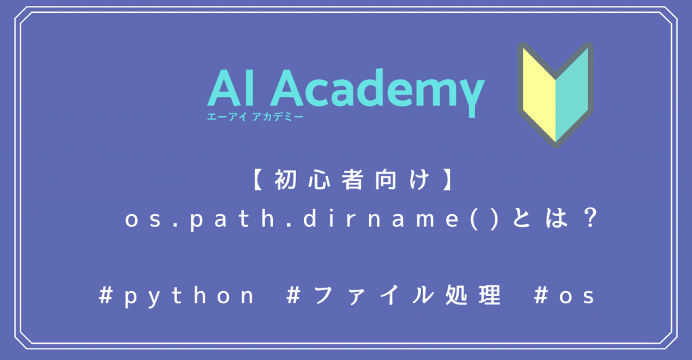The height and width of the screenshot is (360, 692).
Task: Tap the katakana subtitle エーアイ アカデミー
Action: tap(255, 117)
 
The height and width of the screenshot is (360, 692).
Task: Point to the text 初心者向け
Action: tap(347, 181)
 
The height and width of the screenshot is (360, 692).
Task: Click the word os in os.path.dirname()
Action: tap(142, 220)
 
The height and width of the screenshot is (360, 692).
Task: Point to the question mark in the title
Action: tap(589, 220)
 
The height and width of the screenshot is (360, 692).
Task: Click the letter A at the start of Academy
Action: tap(295, 88)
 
